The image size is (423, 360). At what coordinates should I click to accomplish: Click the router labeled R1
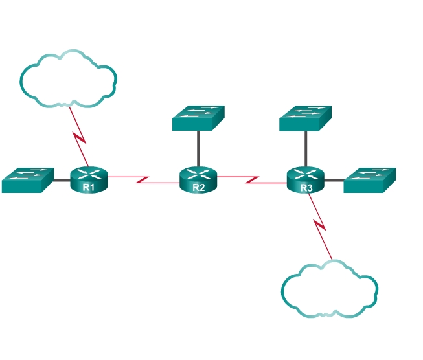click(89, 179)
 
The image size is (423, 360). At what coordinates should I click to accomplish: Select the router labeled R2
click(198, 179)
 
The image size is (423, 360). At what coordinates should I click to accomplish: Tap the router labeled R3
click(305, 179)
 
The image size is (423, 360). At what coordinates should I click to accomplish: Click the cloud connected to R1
click(69, 78)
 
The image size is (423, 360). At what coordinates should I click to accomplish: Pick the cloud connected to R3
click(330, 289)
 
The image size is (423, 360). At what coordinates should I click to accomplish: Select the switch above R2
click(198, 118)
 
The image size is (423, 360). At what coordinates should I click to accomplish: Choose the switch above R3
click(305, 118)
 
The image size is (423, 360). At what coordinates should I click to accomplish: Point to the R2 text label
click(198, 188)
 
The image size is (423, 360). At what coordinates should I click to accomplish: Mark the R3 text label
click(306, 188)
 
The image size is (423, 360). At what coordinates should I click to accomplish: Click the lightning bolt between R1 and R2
click(143, 179)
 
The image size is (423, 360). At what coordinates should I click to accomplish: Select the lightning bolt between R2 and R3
click(253, 179)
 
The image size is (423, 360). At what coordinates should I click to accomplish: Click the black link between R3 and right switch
click(334, 179)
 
